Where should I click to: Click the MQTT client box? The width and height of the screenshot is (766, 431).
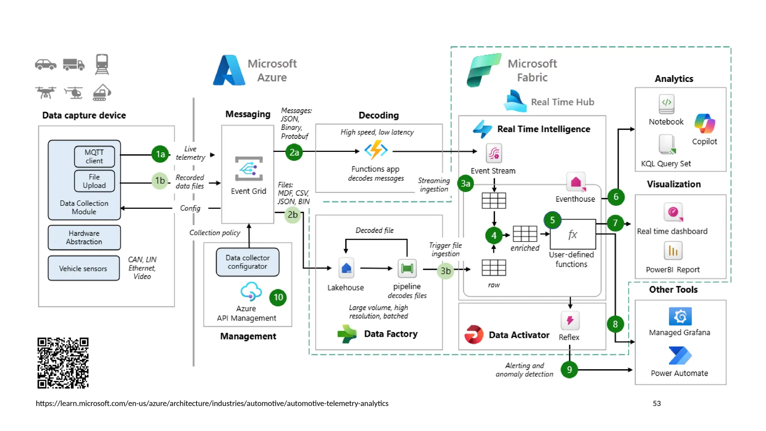pos(94,156)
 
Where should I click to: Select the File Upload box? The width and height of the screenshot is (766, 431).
pos(94,181)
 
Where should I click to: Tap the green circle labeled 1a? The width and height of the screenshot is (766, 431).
pos(160,154)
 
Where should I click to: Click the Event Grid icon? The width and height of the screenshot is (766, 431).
pos(249,169)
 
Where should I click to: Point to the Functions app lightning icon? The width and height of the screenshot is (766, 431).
pos(376,150)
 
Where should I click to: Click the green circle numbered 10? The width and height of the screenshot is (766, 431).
pos(278,297)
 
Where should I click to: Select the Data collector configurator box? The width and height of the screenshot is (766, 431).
pos(248,262)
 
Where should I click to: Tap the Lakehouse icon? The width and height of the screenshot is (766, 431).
pos(346,268)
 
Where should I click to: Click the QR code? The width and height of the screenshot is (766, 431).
pos(63,363)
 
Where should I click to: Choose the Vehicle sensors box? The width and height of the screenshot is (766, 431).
pos(83,268)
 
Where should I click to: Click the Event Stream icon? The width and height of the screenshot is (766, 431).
pos(494,153)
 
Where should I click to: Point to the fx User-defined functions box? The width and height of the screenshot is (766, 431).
pos(573,235)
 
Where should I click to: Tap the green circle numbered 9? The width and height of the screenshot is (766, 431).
pos(569,370)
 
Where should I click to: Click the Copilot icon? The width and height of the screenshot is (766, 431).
pos(705,124)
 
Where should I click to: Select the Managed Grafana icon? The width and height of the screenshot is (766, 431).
pos(680,317)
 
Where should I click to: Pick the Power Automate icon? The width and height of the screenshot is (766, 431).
pos(680,355)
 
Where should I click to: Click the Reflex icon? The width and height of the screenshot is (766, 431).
pos(570,321)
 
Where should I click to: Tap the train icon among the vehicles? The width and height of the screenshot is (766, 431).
pos(102,64)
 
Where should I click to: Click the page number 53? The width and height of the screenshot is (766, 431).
pos(656,403)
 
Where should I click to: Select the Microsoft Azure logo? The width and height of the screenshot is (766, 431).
pos(229,70)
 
